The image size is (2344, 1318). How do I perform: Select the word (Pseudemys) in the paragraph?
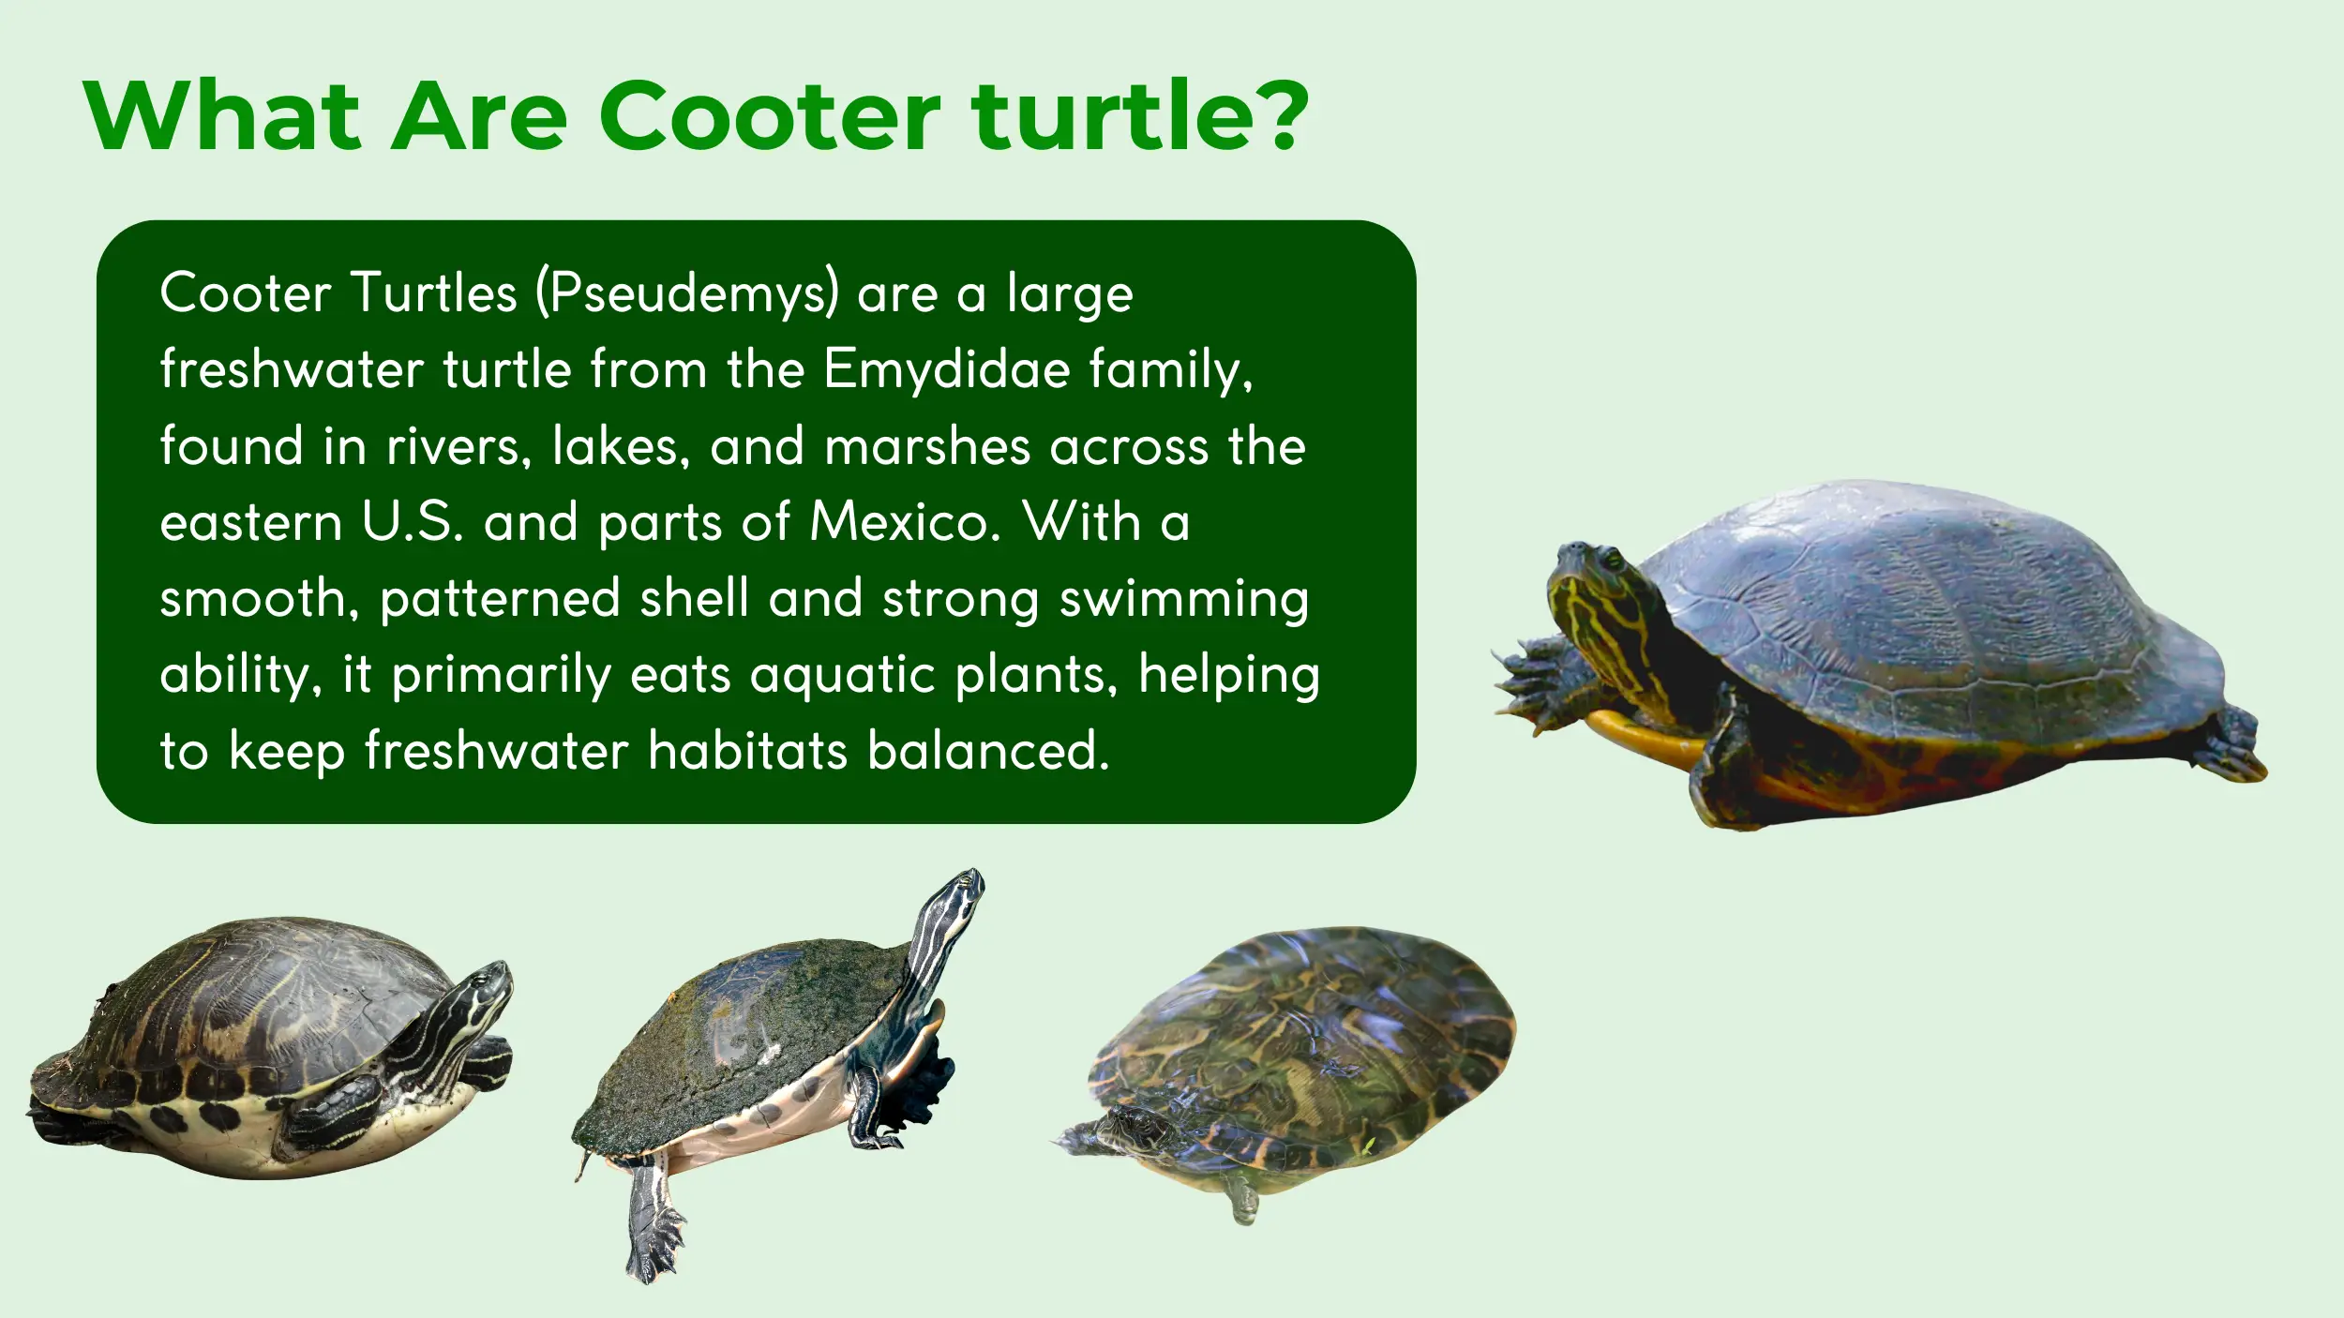[x=687, y=293]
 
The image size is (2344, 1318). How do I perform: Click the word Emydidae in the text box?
[x=947, y=369]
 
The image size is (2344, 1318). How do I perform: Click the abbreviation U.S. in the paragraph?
[x=413, y=522]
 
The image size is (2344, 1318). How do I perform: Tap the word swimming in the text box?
[x=1183, y=599]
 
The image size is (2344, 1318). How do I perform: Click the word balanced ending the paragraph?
[x=988, y=752]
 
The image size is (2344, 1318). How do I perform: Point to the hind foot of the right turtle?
[x=2236, y=750]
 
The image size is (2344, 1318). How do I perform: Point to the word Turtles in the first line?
[x=434, y=293]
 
